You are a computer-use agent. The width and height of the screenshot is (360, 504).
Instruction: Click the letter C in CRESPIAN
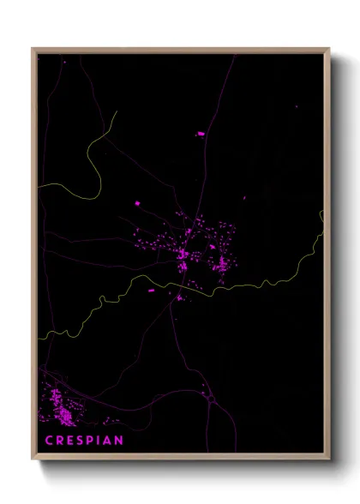click(x=49, y=441)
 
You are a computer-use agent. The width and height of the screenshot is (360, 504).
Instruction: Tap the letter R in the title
click(x=60, y=441)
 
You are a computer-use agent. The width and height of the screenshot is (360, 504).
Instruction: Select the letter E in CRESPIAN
click(x=71, y=441)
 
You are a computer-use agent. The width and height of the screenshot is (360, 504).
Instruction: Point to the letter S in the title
click(x=82, y=441)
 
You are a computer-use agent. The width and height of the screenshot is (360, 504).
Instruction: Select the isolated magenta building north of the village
click(x=201, y=134)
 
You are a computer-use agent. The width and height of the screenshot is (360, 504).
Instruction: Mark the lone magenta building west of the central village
click(x=136, y=203)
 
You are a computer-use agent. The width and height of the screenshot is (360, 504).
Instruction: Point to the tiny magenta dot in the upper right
click(x=297, y=106)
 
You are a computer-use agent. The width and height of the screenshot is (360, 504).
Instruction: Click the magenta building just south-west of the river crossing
click(x=153, y=291)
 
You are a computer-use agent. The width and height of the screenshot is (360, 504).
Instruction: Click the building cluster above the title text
click(x=61, y=407)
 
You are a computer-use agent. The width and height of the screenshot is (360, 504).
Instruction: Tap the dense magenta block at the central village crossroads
click(x=183, y=255)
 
